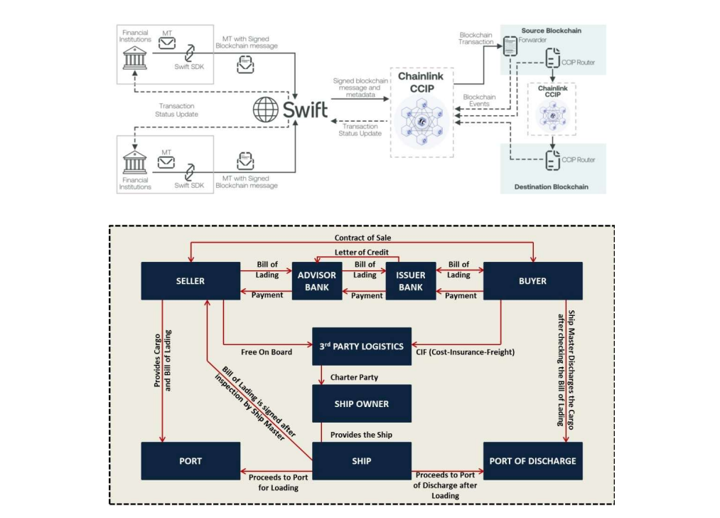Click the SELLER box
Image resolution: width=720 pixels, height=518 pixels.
point(190,280)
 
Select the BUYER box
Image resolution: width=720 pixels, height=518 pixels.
point(532,280)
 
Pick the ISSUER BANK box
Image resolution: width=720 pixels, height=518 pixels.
point(410,281)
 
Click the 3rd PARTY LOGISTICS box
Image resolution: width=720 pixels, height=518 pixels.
point(362,347)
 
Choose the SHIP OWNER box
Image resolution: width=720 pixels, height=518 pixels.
point(362,403)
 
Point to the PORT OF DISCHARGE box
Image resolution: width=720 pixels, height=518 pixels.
point(532,460)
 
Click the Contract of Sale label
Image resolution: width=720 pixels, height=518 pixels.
point(362,237)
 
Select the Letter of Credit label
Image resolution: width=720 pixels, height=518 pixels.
point(362,253)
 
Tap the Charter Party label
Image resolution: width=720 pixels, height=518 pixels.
point(354,377)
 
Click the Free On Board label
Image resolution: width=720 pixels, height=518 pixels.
point(267,351)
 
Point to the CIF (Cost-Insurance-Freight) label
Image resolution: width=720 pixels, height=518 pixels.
point(465,351)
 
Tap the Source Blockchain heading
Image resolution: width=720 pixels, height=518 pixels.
point(551,31)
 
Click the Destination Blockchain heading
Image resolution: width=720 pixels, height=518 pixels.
point(552,186)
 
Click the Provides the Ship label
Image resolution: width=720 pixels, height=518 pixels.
point(361,434)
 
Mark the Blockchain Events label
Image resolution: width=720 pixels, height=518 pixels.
point(479,100)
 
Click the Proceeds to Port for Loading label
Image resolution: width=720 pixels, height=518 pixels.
point(278,482)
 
